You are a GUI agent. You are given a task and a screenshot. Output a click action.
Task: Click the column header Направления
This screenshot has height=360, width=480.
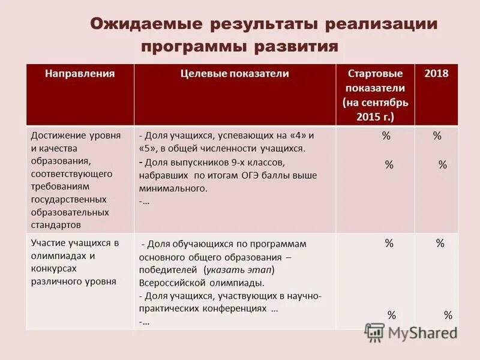coord(80,74)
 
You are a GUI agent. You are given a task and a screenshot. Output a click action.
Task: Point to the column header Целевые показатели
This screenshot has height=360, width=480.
coord(235,74)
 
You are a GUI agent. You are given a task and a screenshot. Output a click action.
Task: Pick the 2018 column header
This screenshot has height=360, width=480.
coord(436,74)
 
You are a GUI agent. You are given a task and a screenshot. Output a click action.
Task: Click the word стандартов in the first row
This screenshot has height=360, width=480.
coord(55,225)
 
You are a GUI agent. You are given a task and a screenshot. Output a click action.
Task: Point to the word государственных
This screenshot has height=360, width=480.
coord(68,199)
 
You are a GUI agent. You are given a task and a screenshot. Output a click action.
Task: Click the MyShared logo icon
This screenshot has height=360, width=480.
coord(374,332)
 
